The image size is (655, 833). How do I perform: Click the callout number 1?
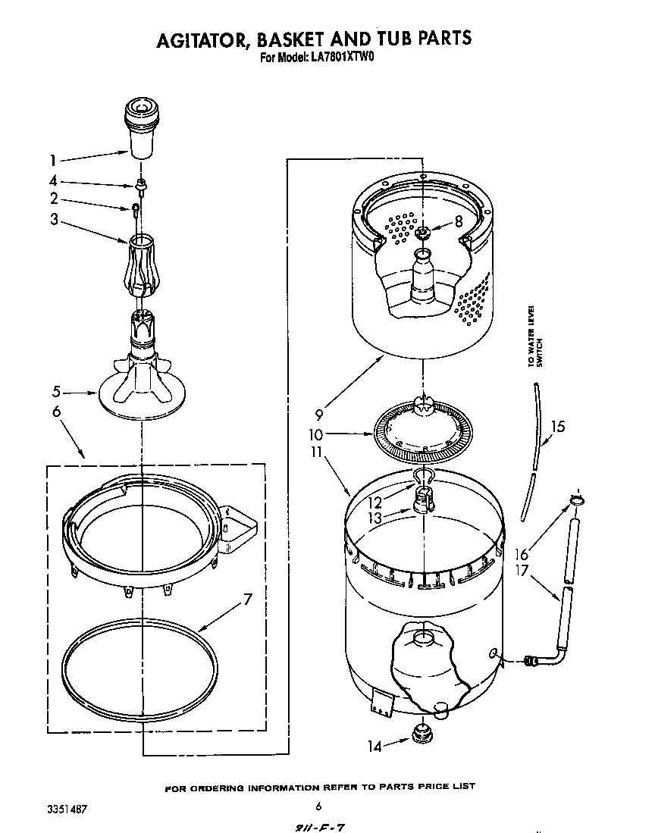click(x=52, y=160)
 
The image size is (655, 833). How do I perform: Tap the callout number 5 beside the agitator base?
click(x=55, y=393)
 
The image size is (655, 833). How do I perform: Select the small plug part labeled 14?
click(x=419, y=734)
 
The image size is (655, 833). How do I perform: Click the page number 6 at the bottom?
click(x=318, y=806)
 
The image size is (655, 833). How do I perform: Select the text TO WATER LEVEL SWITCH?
click(x=535, y=336)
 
